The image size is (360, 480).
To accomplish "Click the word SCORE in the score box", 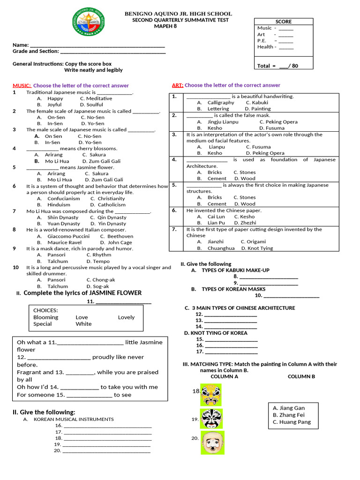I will click(283, 22).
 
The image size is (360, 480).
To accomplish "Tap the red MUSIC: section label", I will click(22, 86).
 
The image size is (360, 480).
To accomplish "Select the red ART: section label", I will click(177, 85).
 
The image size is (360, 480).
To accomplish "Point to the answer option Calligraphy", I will click(221, 102).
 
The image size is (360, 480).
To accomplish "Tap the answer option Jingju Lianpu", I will click(223, 121).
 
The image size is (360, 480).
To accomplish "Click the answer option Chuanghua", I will click(221, 248).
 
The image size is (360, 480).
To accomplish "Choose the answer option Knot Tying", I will click(260, 248).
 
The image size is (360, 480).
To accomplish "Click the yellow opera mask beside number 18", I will click(211, 395).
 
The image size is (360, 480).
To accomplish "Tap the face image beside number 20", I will click(212, 442).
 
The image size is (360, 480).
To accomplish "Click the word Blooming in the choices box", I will click(46, 317).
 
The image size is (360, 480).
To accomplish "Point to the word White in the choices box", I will click(83, 324).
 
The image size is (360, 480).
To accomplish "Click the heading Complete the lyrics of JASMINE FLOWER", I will click(82, 293).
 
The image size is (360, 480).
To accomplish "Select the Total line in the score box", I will click(277, 66).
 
